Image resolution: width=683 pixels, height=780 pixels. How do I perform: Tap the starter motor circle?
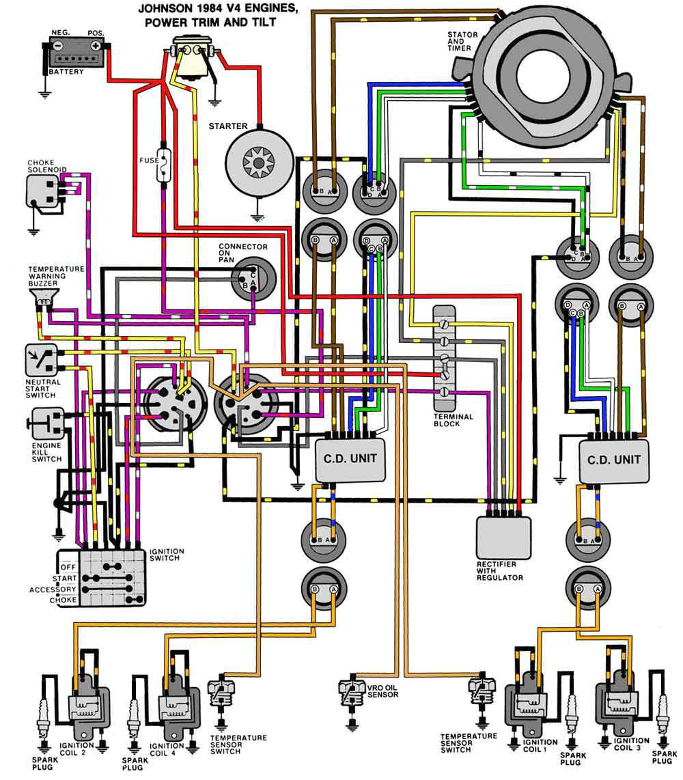point(258,161)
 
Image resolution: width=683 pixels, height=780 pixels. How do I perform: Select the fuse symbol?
point(164,163)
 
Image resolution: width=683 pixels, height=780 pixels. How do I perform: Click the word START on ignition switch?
point(65,578)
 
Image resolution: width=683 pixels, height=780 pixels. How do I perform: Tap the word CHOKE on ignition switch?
point(63,600)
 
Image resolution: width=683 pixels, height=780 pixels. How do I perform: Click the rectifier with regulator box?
point(504,537)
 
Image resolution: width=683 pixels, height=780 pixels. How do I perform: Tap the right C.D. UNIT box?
point(613,459)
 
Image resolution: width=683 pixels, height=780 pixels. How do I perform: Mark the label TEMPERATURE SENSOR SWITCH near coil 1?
point(469,742)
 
